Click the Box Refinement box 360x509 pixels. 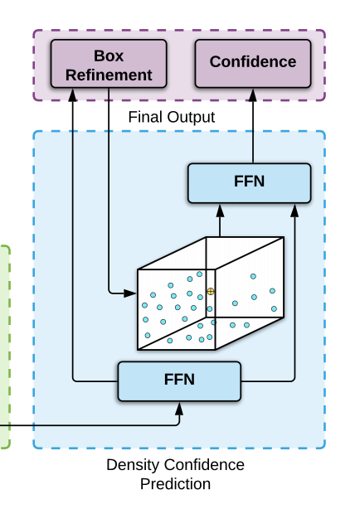pos(103,65)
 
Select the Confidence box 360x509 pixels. pos(252,62)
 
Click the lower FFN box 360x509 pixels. pos(179,381)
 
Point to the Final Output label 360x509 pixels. pos(172,118)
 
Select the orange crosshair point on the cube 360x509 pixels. pos(211,292)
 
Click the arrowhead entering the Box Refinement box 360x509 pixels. pos(73,95)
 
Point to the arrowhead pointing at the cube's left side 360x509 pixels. pos(131,293)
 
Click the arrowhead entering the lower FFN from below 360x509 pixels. pos(179,406)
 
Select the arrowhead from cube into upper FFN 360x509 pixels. pos(221,210)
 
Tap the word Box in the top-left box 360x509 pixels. pos(108,56)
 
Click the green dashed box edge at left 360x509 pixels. pos(9,348)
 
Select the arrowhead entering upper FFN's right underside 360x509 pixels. pos(294,210)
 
